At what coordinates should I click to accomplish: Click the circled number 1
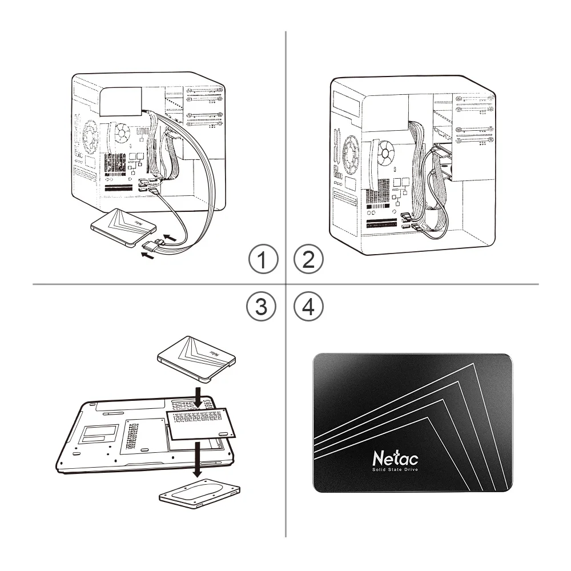[x=263, y=261]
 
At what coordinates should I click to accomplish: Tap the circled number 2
[x=308, y=261]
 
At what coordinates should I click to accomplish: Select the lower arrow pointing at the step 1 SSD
[x=147, y=257]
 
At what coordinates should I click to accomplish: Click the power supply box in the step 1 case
[x=120, y=100]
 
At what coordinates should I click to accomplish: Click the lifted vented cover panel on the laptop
[x=200, y=423]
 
